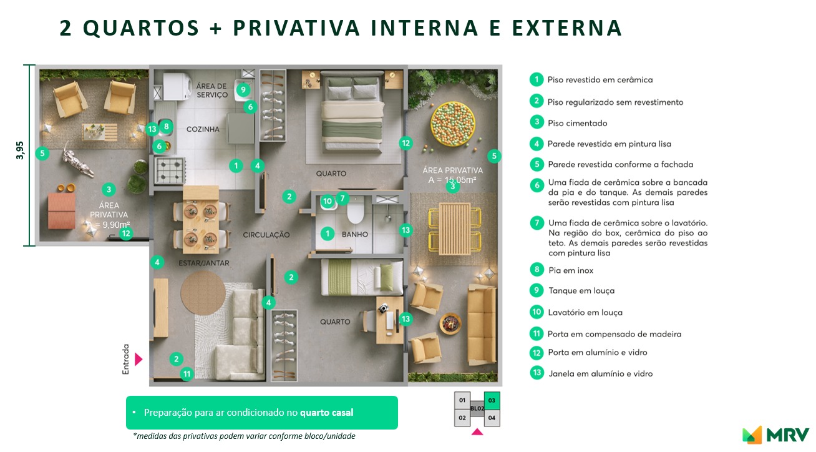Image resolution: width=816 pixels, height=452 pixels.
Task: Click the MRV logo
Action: [x=775, y=435]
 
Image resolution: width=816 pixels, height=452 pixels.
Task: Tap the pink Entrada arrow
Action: [x=139, y=359]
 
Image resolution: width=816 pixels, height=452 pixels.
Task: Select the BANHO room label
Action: [x=355, y=235]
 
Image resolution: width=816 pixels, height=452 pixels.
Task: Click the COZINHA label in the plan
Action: [x=203, y=129]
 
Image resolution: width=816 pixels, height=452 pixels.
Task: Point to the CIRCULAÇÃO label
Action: [x=266, y=235]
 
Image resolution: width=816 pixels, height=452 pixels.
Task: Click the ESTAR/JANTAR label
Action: [x=204, y=263]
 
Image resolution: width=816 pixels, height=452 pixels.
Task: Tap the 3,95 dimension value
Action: [x=20, y=150]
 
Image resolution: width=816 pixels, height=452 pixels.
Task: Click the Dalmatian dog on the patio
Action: [x=77, y=159]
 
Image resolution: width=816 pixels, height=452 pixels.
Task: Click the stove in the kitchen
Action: [x=168, y=168]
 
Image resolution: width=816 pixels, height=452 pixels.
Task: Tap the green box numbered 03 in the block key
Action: [x=492, y=400]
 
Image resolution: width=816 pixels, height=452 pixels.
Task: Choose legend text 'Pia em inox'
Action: [x=571, y=270]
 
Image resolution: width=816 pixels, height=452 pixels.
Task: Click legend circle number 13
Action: [x=537, y=373]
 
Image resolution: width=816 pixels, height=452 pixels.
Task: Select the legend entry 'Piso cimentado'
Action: [x=577, y=123]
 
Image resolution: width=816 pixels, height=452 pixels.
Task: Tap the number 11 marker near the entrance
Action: [x=187, y=374]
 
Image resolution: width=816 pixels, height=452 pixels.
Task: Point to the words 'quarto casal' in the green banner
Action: [x=326, y=413]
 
